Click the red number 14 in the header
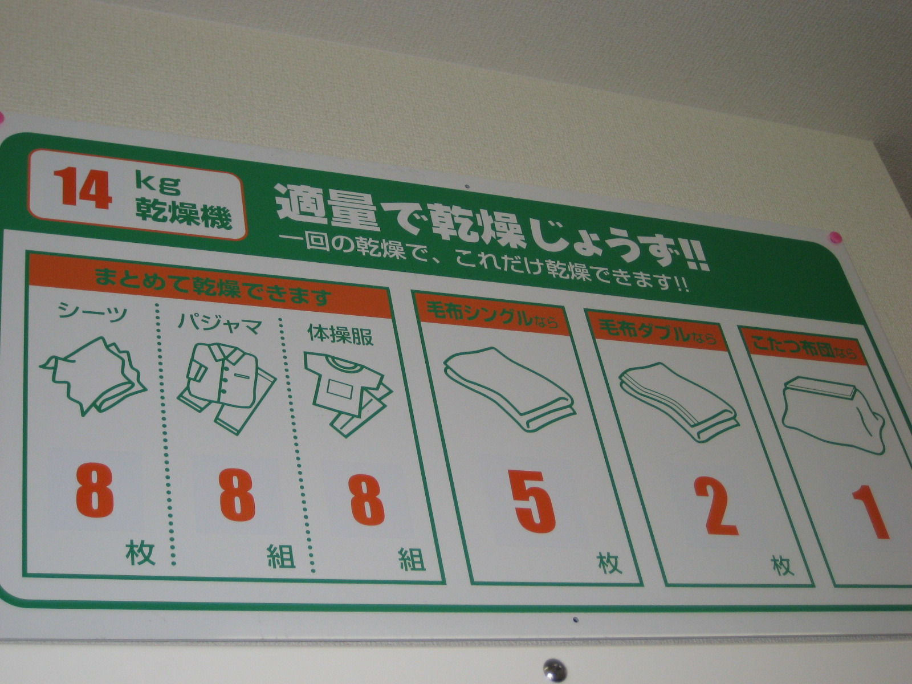coord(82,188)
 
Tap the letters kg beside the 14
coord(158,185)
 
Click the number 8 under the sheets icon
coord(95,490)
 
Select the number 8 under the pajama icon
coord(237,495)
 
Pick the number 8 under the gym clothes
coord(367,500)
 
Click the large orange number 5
coord(534,502)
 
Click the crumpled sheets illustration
coord(93,376)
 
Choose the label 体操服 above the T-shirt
coord(340,334)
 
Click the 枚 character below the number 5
coord(609,563)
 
